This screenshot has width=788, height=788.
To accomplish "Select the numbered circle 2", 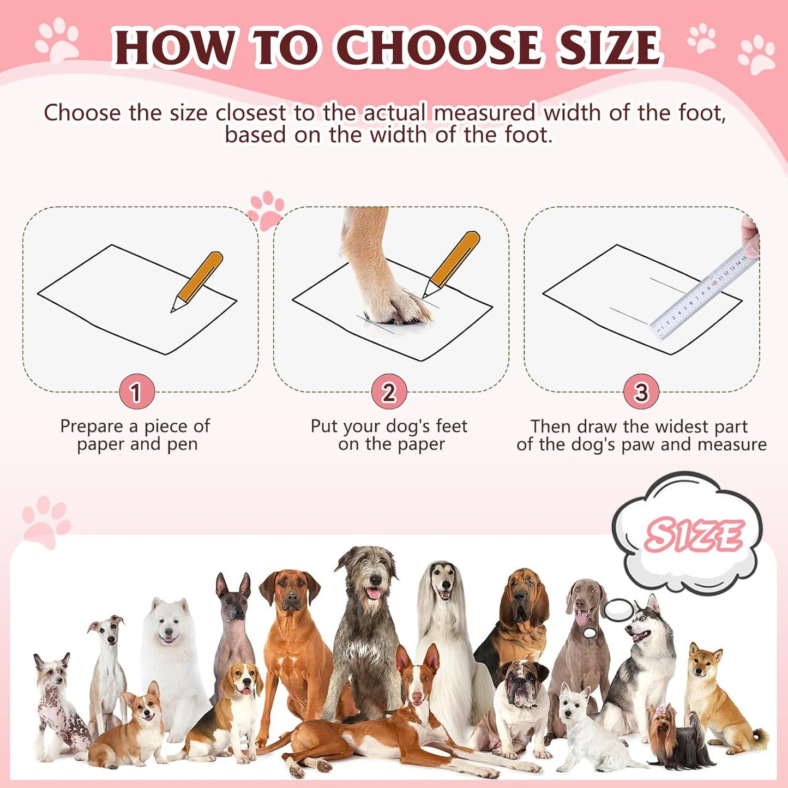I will click(x=388, y=392).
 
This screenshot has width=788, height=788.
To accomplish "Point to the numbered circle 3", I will click(x=641, y=392).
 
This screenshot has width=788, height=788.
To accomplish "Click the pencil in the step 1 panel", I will click(x=198, y=281).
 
